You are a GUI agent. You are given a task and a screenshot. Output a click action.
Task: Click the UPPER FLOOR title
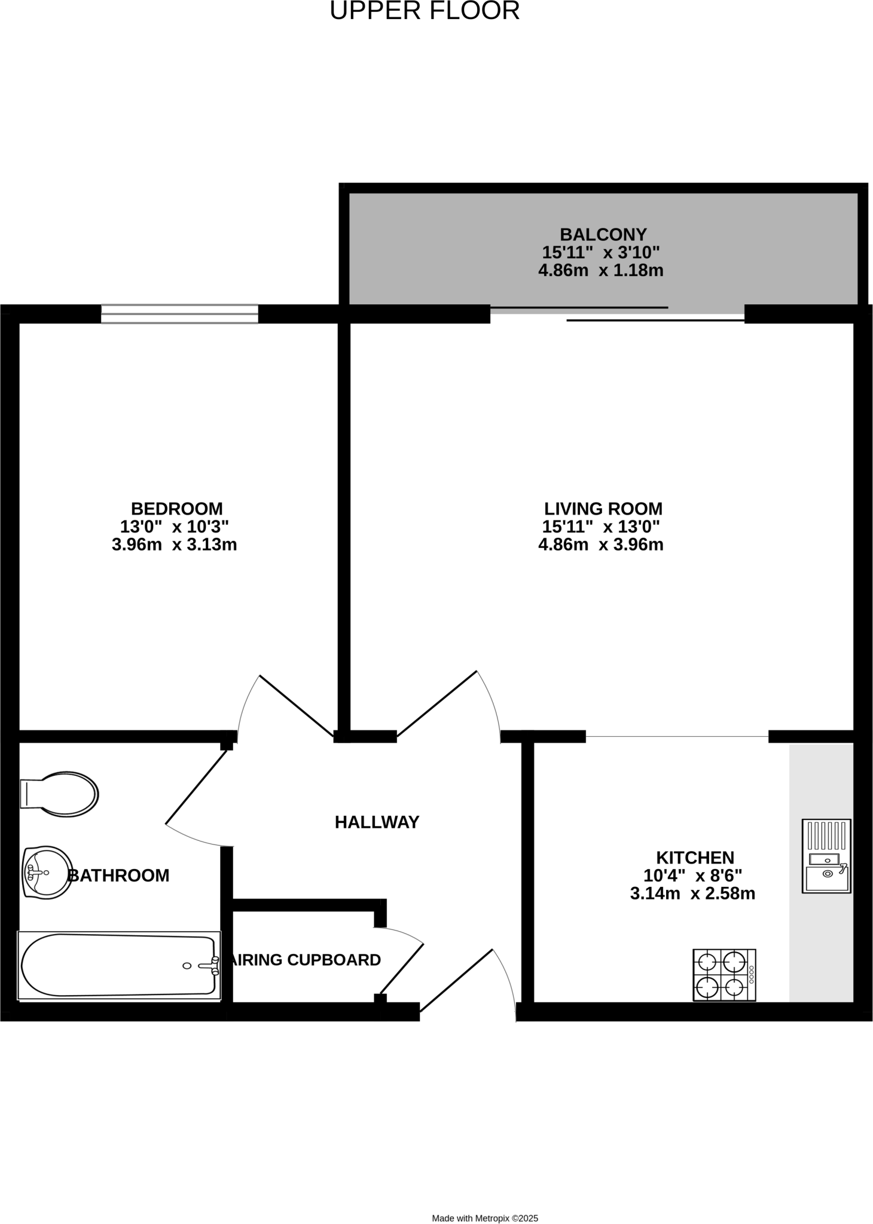pyautogui.click(x=425, y=11)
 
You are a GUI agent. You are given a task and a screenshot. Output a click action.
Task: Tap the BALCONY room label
pyautogui.click(x=603, y=234)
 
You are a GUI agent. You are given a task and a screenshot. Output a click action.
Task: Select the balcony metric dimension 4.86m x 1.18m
pyautogui.click(x=600, y=271)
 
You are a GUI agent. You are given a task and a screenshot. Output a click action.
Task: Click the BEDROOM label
pyautogui.click(x=176, y=509)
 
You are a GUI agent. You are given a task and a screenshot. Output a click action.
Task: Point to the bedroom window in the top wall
pyautogui.click(x=179, y=314)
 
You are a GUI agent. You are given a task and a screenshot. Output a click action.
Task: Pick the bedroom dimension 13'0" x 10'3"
pyautogui.click(x=175, y=527)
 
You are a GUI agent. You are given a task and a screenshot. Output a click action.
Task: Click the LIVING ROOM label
pyautogui.click(x=603, y=509)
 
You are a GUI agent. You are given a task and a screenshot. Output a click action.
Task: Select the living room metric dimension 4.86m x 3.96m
pyautogui.click(x=600, y=545)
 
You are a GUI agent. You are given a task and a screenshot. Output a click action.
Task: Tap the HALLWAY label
pyautogui.click(x=377, y=822)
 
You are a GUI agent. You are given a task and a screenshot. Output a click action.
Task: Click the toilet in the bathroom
pyautogui.click(x=60, y=794)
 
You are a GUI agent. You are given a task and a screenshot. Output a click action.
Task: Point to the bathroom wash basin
pyautogui.click(x=47, y=872)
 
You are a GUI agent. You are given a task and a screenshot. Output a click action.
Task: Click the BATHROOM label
pyautogui.click(x=119, y=876)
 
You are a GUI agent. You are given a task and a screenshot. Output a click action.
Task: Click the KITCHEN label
pyautogui.click(x=695, y=858)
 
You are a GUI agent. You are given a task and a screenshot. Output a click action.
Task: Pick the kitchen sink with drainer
pyautogui.click(x=826, y=856)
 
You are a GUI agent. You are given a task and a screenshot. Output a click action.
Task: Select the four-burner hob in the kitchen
pyautogui.click(x=724, y=975)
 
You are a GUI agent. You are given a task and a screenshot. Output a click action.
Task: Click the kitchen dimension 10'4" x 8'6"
pyautogui.click(x=692, y=876)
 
